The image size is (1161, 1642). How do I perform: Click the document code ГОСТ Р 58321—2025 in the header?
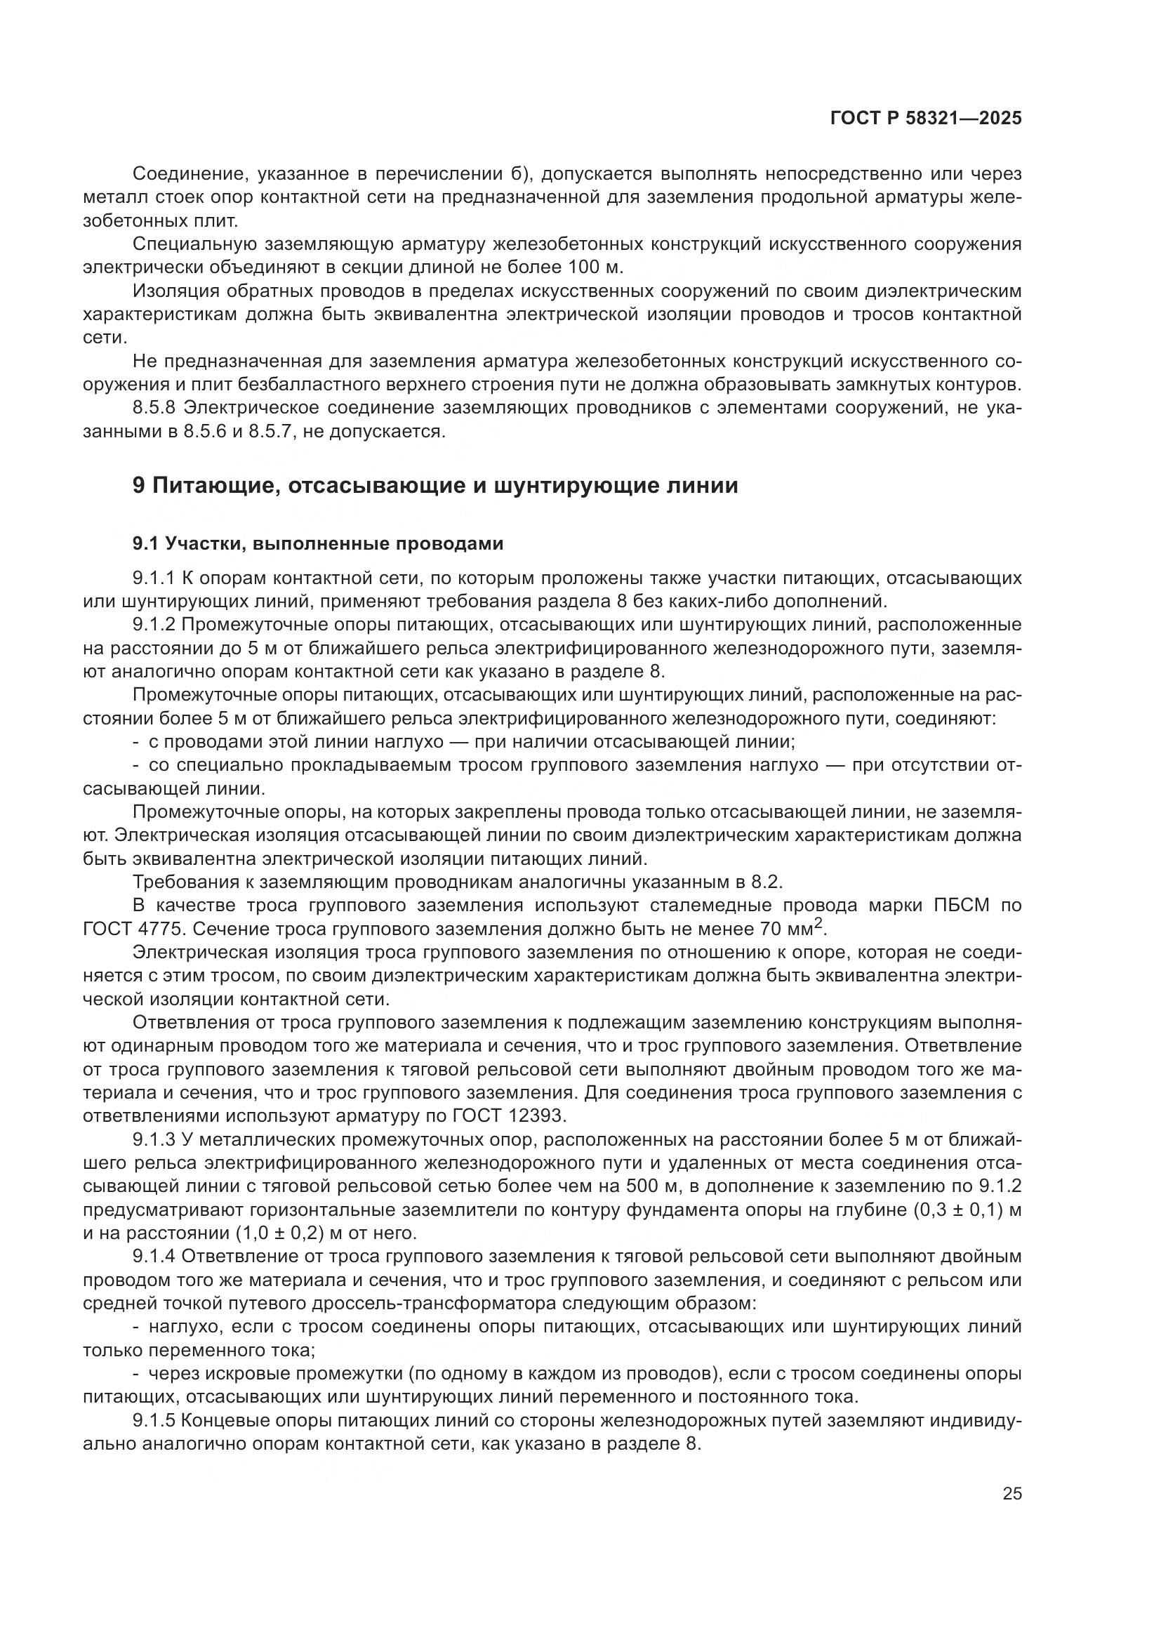pos(926,119)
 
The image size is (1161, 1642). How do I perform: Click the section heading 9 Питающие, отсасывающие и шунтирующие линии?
pos(434,486)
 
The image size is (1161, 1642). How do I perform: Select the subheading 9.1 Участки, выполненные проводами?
pos(317,543)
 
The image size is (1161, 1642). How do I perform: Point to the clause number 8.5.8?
pos(154,408)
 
